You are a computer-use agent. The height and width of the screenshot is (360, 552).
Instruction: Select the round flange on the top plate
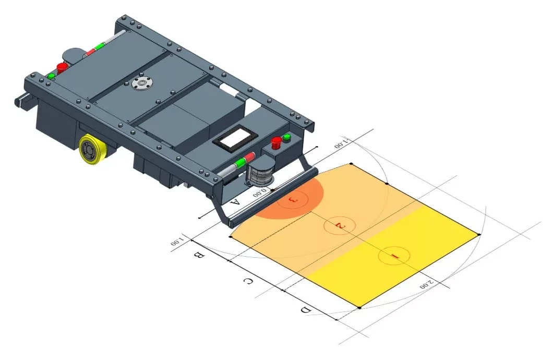[x=140, y=84]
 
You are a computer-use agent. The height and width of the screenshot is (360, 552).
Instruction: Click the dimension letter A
[x=235, y=202]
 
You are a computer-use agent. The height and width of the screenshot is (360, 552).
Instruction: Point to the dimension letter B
[x=199, y=255]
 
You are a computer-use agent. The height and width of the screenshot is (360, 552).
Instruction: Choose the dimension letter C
[x=248, y=281]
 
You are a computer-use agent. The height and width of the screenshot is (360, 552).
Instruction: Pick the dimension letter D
[x=306, y=310]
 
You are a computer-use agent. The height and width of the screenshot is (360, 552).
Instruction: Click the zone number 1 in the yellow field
[x=394, y=256]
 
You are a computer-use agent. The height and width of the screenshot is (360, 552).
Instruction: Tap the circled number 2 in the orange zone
[x=339, y=226]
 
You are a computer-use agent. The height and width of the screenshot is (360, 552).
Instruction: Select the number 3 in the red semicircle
[x=293, y=200]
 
